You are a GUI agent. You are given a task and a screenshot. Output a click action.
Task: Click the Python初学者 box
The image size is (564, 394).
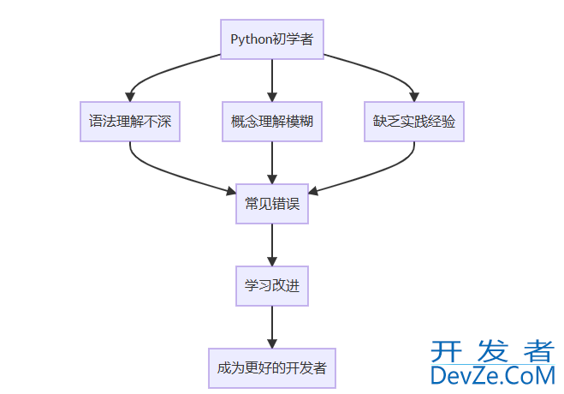click(272, 39)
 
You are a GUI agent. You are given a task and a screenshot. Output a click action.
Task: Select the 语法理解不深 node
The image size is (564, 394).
click(130, 122)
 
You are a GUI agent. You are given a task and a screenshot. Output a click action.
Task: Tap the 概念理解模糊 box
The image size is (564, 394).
click(272, 122)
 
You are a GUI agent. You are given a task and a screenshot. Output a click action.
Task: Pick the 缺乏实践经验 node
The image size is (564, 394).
click(414, 122)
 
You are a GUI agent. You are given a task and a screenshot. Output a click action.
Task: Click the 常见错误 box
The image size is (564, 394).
click(272, 204)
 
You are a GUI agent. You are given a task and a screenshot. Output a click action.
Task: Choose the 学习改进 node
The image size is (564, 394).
click(272, 286)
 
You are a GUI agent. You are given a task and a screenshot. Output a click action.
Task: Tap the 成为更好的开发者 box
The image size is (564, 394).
click(272, 368)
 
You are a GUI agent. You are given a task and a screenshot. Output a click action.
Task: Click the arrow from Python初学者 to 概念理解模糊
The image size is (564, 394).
click(272, 79)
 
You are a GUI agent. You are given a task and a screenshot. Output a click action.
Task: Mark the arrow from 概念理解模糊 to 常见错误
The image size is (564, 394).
click(272, 163)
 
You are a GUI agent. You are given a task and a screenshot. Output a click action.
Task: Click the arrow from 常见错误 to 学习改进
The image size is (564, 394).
click(272, 245)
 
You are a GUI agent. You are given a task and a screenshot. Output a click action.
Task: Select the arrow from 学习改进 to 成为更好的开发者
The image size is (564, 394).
click(272, 327)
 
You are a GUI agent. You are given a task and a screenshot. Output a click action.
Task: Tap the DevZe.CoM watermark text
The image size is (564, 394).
click(492, 375)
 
